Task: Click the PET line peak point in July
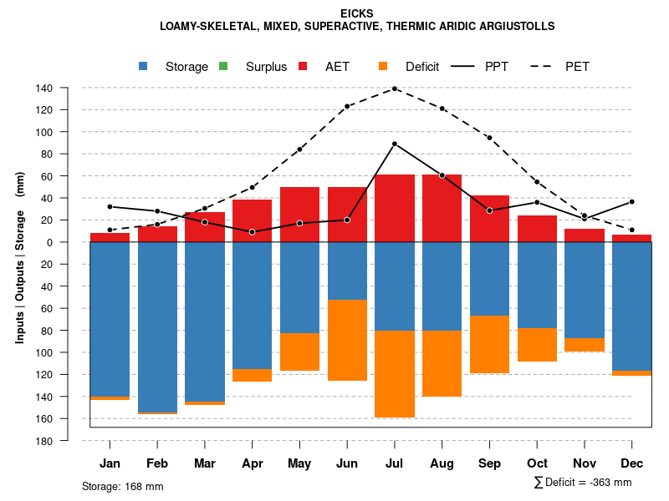coord(395,89)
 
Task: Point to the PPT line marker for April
coord(253,232)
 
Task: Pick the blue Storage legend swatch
coord(145,66)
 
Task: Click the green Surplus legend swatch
coord(223,66)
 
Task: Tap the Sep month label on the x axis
coord(489,463)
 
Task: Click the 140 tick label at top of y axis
coord(44,88)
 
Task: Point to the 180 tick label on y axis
coord(44,441)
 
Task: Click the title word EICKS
coord(357,13)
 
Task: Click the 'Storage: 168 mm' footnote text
coord(122,486)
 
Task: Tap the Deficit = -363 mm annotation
coord(583,483)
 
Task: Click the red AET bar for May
coord(299,215)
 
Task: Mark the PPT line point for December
coord(631,202)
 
